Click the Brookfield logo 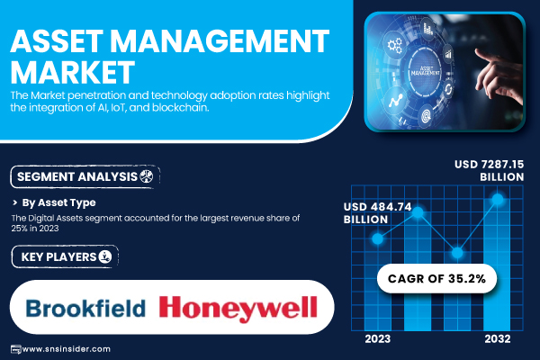85,308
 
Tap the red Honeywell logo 238,309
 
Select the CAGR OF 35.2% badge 436,278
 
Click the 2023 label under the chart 378,339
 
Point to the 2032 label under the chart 498,339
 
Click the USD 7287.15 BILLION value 489,170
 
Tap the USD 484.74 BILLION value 377,213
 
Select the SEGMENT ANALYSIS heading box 85,176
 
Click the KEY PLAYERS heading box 65,256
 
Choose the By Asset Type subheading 58,202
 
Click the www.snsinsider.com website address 66,349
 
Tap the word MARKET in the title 72,72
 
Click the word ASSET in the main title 57,41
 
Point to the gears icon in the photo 394,46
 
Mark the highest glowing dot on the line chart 498,199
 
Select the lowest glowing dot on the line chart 457,253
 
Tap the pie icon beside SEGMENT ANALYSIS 147,176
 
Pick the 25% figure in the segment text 19,229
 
